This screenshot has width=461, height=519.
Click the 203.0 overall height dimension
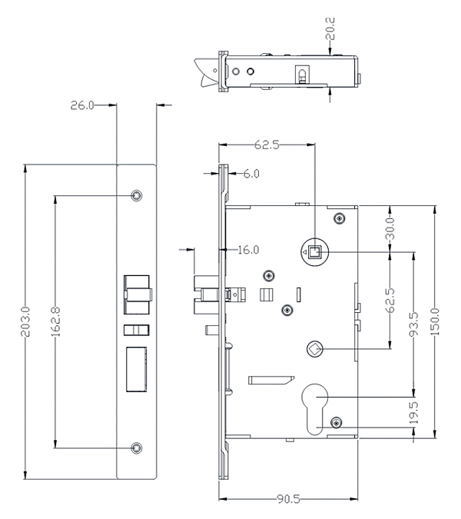(x=25, y=318)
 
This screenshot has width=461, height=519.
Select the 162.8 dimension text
(x=56, y=318)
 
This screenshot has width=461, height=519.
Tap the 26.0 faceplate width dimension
(x=83, y=105)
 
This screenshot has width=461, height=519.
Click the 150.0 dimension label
(x=434, y=320)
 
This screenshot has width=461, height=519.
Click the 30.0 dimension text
(x=390, y=229)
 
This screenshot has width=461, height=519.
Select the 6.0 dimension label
(x=250, y=175)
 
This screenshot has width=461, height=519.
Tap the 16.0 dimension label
(x=247, y=250)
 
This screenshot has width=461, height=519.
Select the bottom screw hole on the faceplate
(x=136, y=447)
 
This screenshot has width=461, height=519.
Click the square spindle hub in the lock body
(x=315, y=250)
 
